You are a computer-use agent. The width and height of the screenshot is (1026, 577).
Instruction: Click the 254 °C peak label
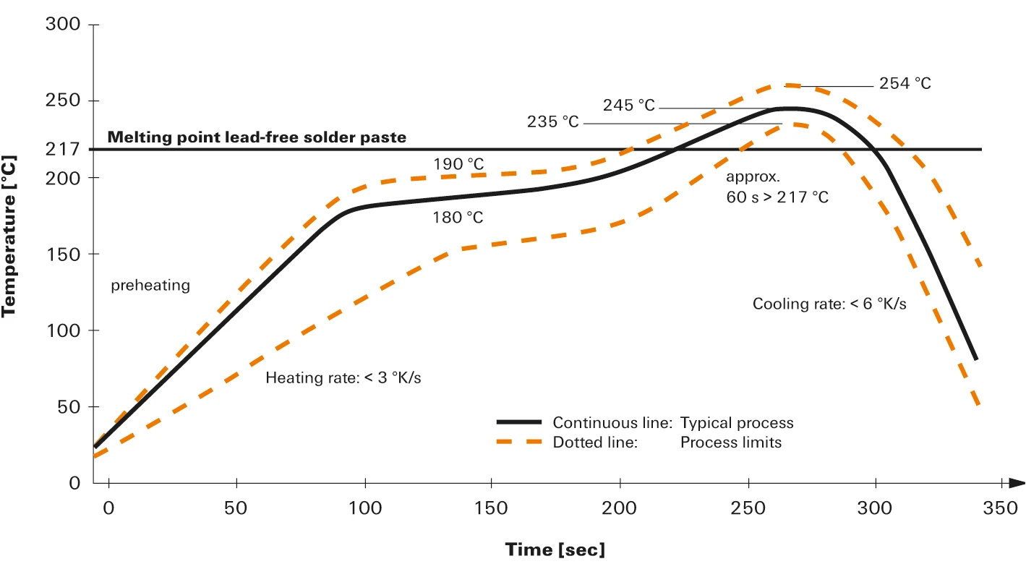[905, 84]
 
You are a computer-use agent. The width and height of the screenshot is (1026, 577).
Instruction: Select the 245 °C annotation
[628, 106]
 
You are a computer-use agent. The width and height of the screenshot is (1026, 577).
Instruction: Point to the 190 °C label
[458, 164]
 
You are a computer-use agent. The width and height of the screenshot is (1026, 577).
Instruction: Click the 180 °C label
[458, 217]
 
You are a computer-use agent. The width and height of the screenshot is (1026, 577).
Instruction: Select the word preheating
[150, 286]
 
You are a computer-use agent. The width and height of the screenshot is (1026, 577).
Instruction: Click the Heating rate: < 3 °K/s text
[343, 377]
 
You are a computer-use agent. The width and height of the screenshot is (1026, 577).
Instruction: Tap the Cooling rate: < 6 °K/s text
[829, 304]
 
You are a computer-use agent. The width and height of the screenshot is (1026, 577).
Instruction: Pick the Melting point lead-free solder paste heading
[257, 137]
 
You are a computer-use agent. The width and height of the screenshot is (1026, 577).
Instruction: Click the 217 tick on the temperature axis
[63, 150]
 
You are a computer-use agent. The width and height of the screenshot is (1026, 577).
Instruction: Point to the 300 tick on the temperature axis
[63, 25]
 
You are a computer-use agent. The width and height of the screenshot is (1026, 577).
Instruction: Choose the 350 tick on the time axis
[1000, 507]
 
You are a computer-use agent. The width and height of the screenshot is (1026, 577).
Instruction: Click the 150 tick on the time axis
[492, 507]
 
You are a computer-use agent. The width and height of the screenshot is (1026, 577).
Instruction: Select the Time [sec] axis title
[555, 550]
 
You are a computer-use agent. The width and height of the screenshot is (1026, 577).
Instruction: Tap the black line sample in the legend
[518, 422]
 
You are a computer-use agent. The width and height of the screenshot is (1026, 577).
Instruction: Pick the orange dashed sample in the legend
[518, 442]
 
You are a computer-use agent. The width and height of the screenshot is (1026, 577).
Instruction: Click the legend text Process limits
[730, 443]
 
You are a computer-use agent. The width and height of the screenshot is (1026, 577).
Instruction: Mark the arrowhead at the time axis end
[1017, 482]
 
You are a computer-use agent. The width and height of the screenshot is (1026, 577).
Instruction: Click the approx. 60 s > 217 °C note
[777, 187]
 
